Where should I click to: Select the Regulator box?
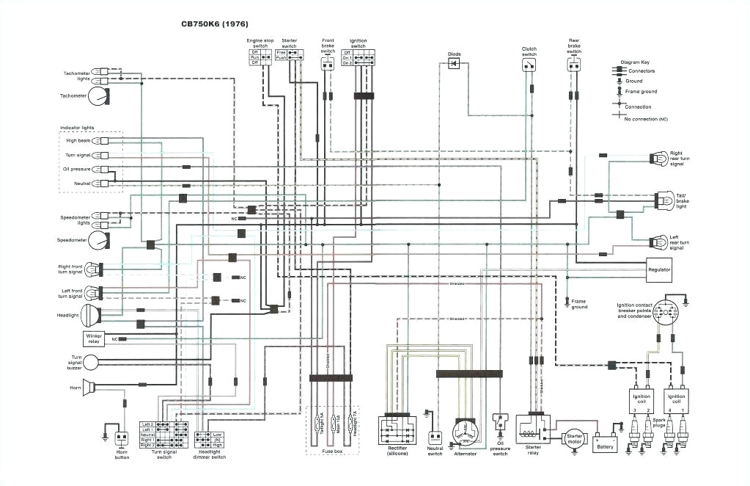pos(659,269)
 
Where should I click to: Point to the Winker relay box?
pos(94,338)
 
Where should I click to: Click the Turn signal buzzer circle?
pos(91,361)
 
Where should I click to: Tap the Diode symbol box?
pos(454,64)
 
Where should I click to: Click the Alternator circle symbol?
pos(463,431)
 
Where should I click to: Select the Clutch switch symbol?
pos(529,65)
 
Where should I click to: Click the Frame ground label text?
pos(578,304)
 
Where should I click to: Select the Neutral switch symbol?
pos(435,438)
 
